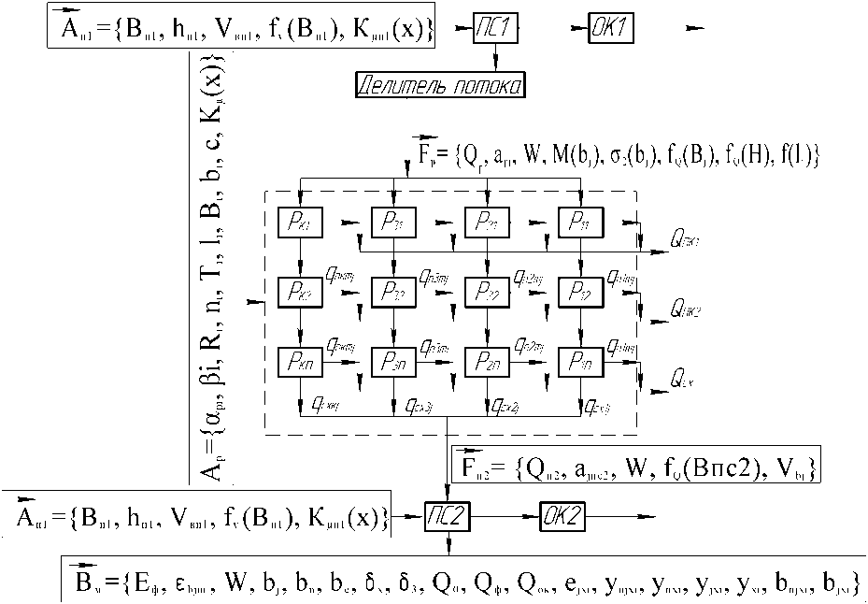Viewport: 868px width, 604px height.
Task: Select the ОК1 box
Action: (611, 29)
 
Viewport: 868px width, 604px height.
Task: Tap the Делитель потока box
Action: (439, 86)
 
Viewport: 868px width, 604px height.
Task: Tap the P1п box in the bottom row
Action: (579, 360)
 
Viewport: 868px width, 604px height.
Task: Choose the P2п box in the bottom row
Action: (487, 360)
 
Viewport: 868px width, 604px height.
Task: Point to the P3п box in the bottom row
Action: (393, 360)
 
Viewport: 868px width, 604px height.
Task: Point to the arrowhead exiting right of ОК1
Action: (695, 29)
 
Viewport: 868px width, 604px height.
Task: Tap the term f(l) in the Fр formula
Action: (802, 155)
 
